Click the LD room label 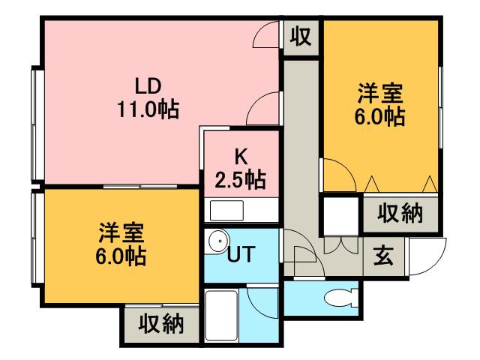pyautogui.click(x=148, y=83)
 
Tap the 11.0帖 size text pyautogui.click(x=148, y=110)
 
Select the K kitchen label pyautogui.click(x=241, y=156)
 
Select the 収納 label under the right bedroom pyautogui.click(x=400, y=214)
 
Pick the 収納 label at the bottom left pyautogui.click(x=160, y=324)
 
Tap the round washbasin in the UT pyautogui.click(x=218, y=241)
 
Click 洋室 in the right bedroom pyautogui.click(x=380, y=94)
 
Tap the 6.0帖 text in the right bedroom pyautogui.click(x=380, y=118)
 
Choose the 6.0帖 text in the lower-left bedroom pyautogui.click(x=120, y=256)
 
